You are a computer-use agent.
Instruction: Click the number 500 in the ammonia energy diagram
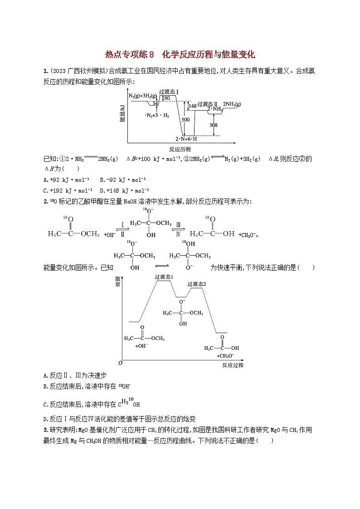pyautogui.click(x=185, y=120)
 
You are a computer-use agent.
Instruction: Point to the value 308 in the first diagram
pyautogui.click(x=214, y=125)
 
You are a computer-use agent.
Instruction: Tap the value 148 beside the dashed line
pyautogui.click(x=193, y=106)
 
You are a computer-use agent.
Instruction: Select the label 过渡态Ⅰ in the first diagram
pyautogui.click(x=169, y=92)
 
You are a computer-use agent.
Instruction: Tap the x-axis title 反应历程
pyautogui.click(x=180, y=149)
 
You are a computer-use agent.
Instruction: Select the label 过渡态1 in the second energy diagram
pyautogui.click(x=164, y=276)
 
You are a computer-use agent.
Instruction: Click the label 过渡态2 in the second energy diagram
pyautogui.click(x=197, y=284)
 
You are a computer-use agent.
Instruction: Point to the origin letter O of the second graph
pyautogui.click(x=120, y=363)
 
